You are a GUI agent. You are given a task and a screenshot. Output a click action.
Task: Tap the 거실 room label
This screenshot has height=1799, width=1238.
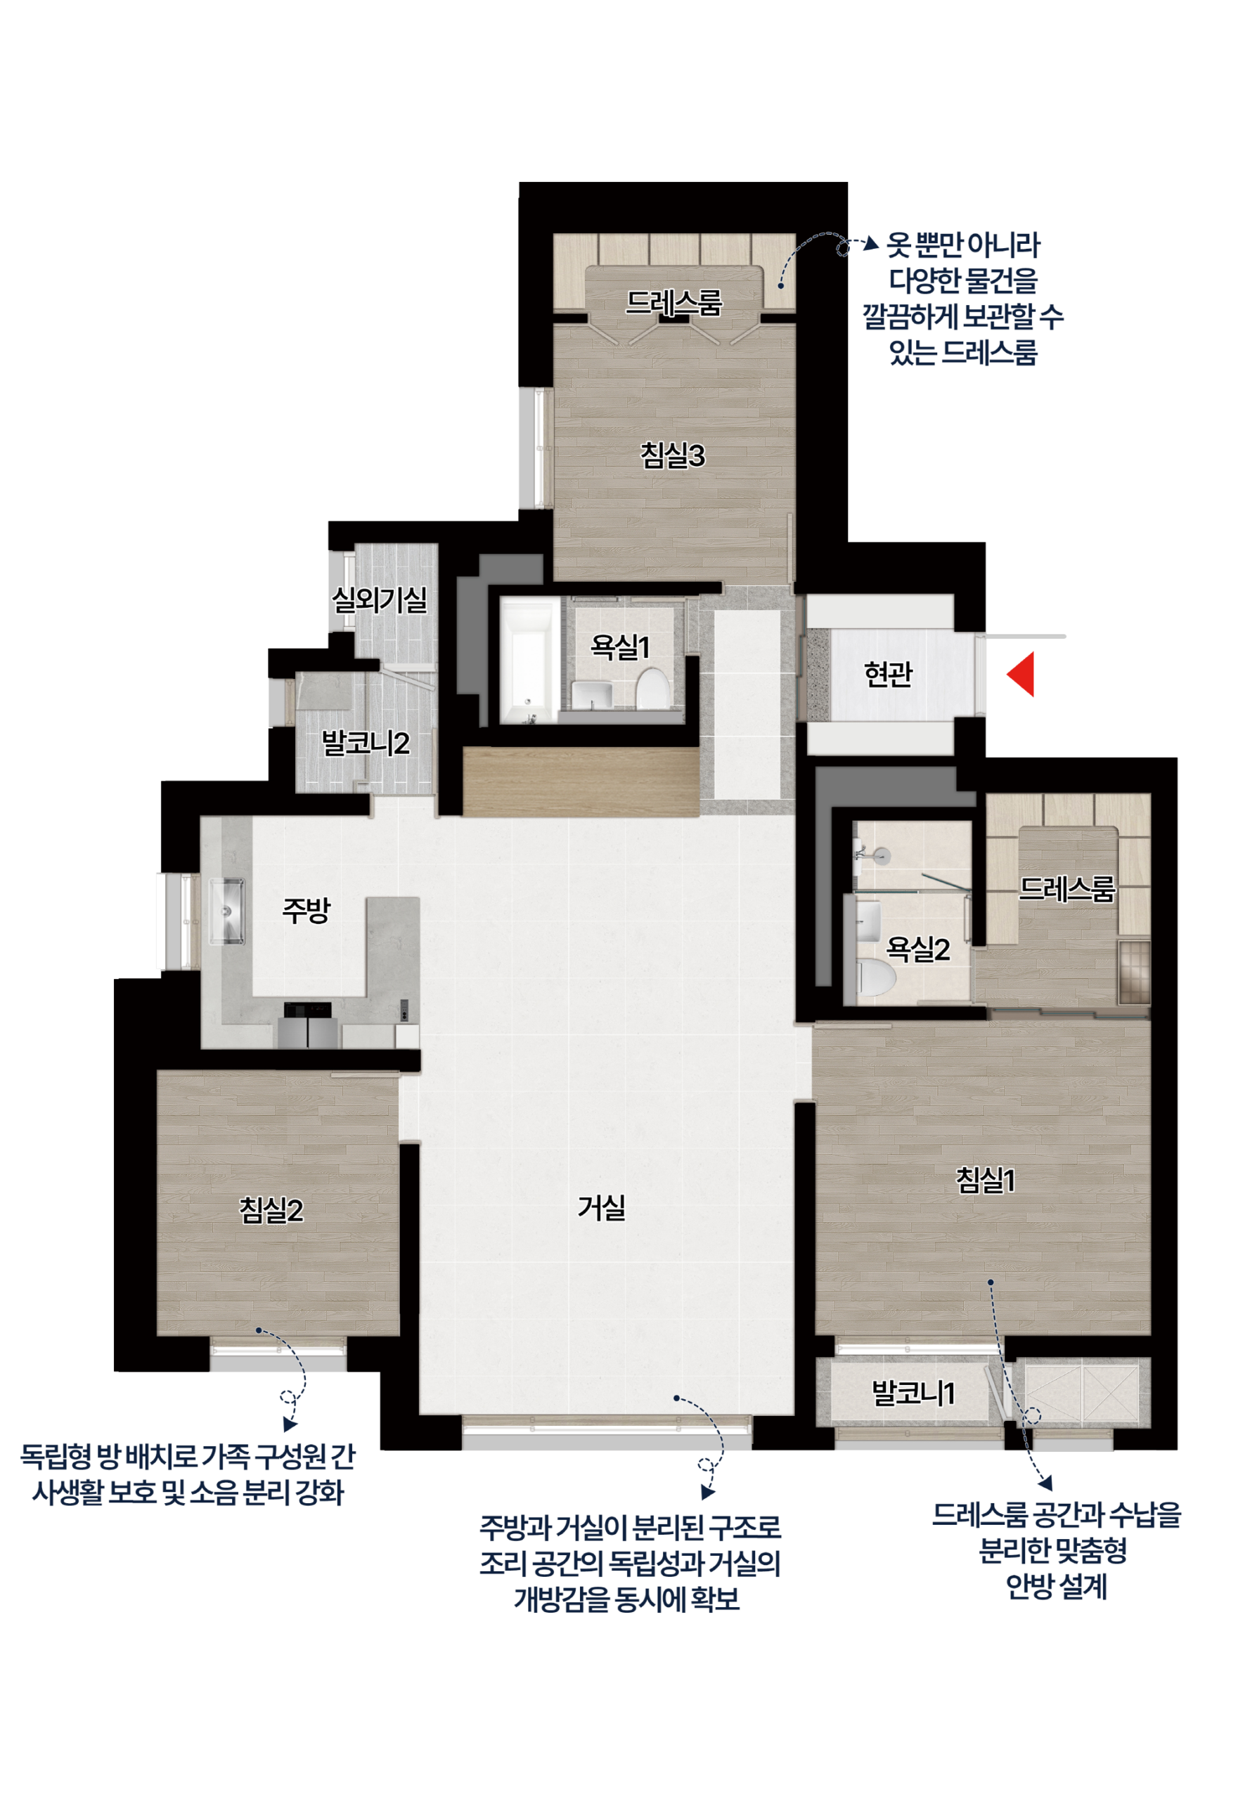pyautogui.click(x=601, y=1207)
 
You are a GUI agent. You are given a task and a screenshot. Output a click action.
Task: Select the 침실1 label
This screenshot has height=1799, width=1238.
pyautogui.click(x=985, y=1180)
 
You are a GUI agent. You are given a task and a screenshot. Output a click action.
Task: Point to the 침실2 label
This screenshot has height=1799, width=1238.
pyautogui.click(x=271, y=1209)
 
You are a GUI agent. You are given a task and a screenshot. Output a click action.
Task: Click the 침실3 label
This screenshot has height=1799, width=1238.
pyautogui.click(x=673, y=455)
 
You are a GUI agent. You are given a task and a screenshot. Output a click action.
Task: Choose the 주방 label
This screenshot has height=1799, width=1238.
pyautogui.click(x=307, y=909)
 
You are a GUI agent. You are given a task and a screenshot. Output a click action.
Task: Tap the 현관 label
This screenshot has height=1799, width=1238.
pyautogui.click(x=888, y=674)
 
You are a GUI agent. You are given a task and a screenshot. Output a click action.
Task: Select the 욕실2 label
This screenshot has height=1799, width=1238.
pyautogui.click(x=917, y=949)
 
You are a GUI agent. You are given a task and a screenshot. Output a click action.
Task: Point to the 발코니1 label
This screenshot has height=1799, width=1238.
pyautogui.click(x=914, y=1394)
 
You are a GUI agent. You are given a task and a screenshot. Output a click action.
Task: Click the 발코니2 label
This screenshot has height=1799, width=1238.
pyautogui.click(x=366, y=743)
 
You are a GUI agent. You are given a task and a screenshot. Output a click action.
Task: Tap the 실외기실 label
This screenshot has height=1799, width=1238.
pyautogui.click(x=380, y=599)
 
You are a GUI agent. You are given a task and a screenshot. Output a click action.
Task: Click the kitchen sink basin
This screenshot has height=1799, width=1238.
pyautogui.click(x=226, y=911)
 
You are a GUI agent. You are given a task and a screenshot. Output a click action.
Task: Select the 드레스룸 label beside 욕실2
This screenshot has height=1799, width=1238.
pyautogui.click(x=1066, y=889)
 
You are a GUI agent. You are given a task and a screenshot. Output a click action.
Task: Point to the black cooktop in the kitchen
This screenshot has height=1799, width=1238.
pyautogui.click(x=307, y=1010)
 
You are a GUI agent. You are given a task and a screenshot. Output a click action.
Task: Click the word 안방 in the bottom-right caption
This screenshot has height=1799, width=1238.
pyautogui.click(x=1029, y=1587)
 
